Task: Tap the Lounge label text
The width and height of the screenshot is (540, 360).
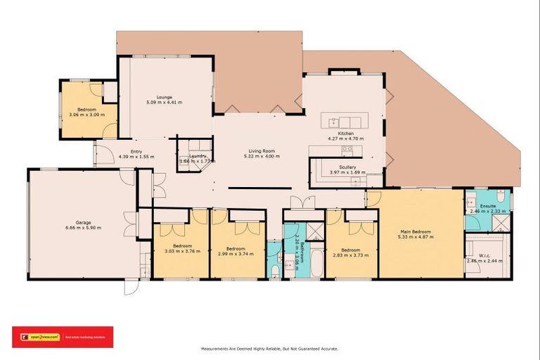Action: [x=165, y=97]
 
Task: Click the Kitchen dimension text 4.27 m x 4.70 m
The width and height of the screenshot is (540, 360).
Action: [x=345, y=139]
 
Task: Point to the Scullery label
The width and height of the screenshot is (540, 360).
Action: [x=347, y=167]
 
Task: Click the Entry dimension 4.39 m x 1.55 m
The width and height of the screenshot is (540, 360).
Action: [x=136, y=156]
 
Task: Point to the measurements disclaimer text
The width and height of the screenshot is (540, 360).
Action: [x=270, y=348]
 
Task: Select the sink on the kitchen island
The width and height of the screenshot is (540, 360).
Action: [x=333, y=122]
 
